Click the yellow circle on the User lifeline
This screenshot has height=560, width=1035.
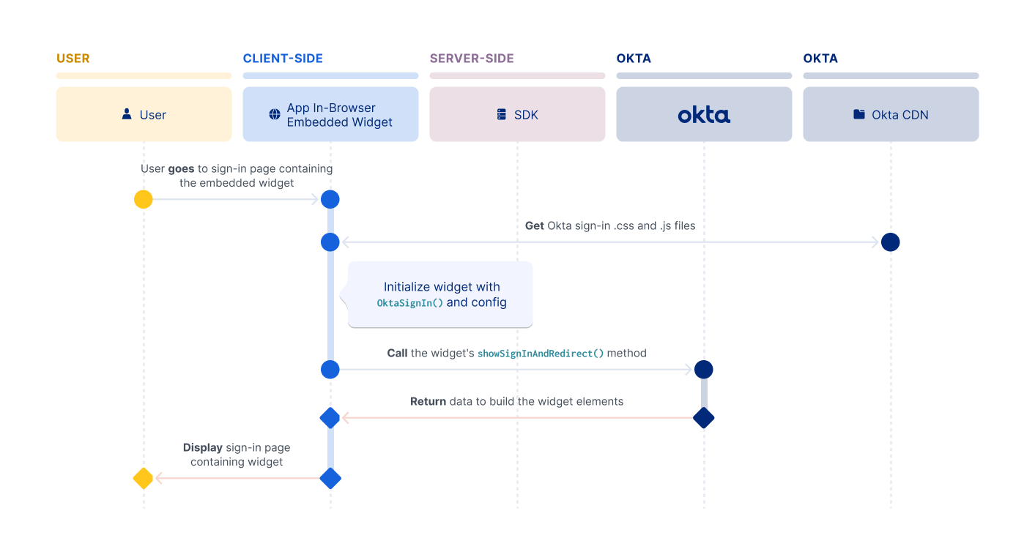click(x=144, y=199)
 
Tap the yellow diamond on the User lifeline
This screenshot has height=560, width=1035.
click(x=144, y=479)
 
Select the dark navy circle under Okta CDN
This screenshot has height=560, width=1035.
click(x=891, y=242)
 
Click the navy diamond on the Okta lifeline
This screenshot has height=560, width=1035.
click(x=704, y=418)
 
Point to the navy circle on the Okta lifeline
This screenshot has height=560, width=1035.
click(x=704, y=370)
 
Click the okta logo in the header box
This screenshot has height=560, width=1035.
click(x=704, y=115)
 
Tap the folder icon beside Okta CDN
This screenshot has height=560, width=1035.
click(x=859, y=115)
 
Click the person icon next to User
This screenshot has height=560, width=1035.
click(x=127, y=114)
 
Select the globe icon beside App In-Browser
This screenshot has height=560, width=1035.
click(x=275, y=114)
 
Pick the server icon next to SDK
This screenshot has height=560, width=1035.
click(x=502, y=115)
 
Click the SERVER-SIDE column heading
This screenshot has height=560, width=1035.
click(x=472, y=59)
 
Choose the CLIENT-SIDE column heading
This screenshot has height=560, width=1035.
click(x=283, y=59)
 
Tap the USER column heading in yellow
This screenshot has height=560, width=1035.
click(x=73, y=59)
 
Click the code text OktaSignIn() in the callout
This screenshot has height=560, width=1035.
click(x=409, y=303)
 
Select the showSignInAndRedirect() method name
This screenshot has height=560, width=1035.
click(x=541, y=354)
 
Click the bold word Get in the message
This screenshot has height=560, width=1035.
click(x=535, y=226)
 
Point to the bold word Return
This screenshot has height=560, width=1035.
click(x=428, y=401)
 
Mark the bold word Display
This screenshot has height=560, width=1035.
click(x=202, y=448)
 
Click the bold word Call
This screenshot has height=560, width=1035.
click(x=397, y=353)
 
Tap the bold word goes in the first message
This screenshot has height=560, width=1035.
click(x=182, y=169)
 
